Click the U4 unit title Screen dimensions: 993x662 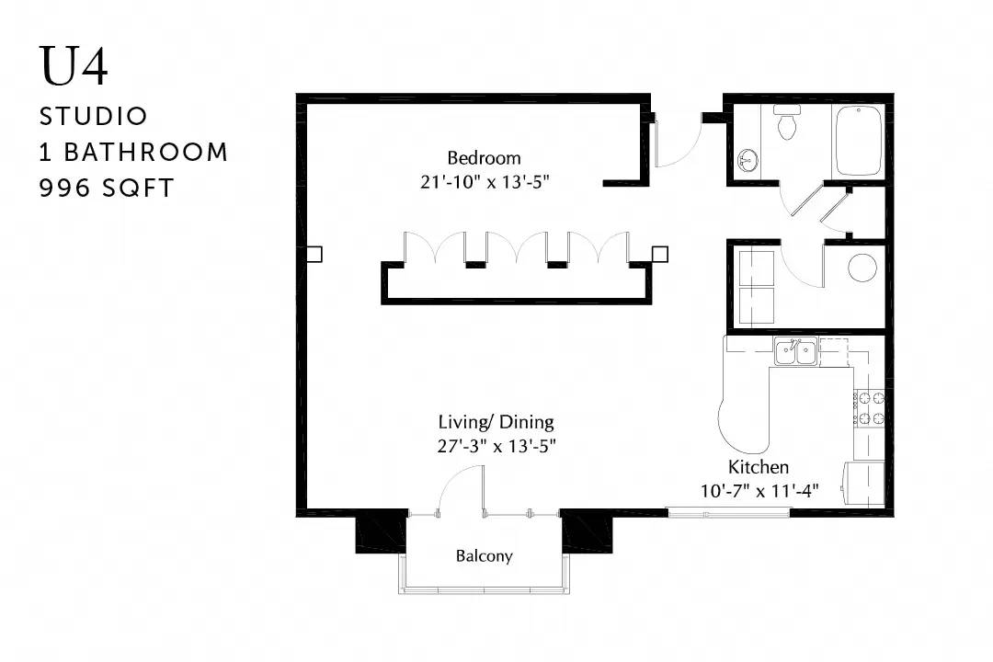point(74,66)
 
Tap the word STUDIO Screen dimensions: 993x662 point(93,117)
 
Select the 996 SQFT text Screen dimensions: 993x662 point(107,188)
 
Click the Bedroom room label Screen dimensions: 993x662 point(484,158)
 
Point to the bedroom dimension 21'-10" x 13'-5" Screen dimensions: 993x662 point(485,182)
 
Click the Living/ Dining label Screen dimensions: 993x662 point(496,423)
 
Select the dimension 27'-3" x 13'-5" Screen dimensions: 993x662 point(496,446)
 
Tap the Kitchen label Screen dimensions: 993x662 point(758,467)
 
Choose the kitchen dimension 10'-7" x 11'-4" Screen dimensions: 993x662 point(759,491)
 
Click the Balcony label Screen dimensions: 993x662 point(484,556)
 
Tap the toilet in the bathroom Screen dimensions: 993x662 point(787,121)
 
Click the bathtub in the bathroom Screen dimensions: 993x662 point(858,141)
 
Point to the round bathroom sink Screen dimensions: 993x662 point(748,160)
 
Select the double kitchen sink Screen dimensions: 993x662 point(796,351)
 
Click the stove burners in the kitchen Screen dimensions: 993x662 point(869,407)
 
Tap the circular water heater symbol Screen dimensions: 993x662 point(862,268)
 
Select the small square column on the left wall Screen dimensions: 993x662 point(314,254)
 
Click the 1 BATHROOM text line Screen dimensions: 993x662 point(133,153)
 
